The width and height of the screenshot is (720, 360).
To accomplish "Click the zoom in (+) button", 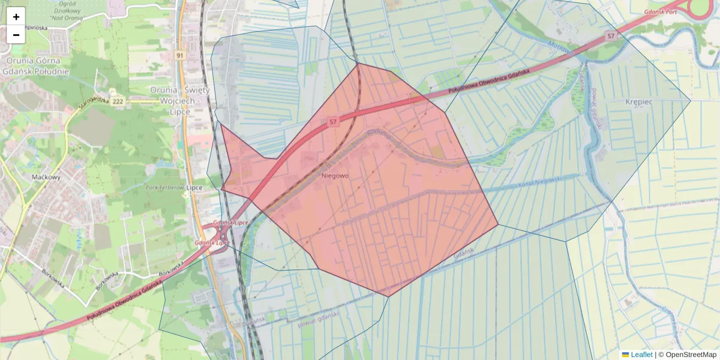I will [16, 17].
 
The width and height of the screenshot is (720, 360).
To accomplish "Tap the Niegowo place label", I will [335, 176].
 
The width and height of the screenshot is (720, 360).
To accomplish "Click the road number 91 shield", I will [179, 55].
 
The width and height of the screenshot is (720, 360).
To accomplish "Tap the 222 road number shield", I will [118, 101].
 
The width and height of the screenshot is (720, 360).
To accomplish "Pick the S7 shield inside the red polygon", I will [333, 122].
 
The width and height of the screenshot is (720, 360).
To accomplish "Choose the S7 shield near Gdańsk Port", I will [611, 36].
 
